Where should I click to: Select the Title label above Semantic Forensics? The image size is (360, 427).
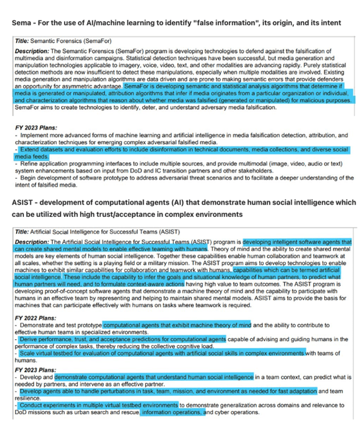(x=22, y=41)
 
